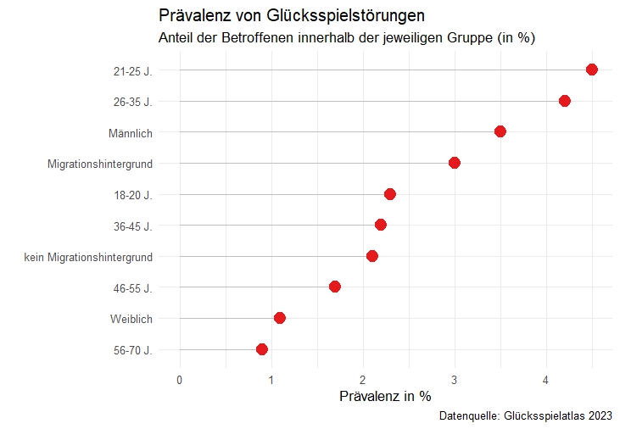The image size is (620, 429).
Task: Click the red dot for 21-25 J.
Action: (591, 70)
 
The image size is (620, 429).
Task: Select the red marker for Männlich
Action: (500, 131)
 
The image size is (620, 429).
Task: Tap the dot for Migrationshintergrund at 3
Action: (455, 163)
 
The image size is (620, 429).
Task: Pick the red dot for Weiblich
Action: (280, 318)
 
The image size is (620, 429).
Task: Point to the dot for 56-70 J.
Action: (262, 349)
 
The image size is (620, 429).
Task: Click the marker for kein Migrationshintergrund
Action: (371, 256)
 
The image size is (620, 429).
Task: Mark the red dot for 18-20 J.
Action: (390, 194)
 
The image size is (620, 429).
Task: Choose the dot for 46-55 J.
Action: (335, 287)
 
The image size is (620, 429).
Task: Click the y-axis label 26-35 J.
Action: (132, 102)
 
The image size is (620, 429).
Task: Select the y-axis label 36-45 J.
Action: (132, 226)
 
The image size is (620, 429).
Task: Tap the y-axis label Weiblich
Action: (131, 319)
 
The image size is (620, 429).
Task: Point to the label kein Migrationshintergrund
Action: (89, 257)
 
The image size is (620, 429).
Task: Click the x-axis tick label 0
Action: (179, 379)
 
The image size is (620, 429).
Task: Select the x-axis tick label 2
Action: (363, 379)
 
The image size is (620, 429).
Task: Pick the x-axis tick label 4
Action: (546, 379)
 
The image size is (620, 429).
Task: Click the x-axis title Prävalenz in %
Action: (385, 396)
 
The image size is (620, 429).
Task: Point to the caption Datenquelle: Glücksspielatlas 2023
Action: (526, 416)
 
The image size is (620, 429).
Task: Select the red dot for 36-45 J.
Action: (381, 225)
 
